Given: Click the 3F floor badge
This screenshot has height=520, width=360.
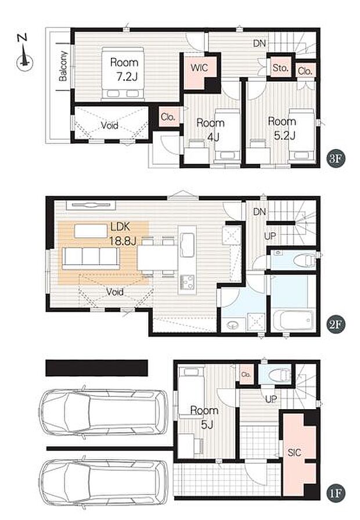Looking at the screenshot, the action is click(336, 158).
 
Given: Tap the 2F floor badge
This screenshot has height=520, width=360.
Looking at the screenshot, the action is click(336, 324).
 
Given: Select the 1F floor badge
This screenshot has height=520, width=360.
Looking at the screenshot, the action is click(336, 493).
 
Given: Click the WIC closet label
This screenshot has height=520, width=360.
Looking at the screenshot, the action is click(199, 67).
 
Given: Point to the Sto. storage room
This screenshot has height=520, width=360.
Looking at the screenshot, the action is click(280, 68).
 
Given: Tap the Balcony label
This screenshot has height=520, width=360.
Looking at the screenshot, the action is click(63, 66).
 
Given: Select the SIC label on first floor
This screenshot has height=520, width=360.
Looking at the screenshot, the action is click(294, 452).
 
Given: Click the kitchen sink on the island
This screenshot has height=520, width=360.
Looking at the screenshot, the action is click(188, 245).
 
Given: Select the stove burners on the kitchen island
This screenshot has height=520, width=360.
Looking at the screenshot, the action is click(187, 282).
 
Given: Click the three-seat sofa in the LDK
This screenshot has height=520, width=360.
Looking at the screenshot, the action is click(91, 258).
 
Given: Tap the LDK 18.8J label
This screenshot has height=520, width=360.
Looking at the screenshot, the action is click(123, 234).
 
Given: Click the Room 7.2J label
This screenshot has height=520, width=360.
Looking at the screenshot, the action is click(124, 69).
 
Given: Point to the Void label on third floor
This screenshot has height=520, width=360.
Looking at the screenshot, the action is click(110, 125).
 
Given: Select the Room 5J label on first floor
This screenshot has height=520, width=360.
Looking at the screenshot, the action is click(204, 417).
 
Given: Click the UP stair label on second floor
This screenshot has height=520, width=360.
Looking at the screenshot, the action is click(270, 236).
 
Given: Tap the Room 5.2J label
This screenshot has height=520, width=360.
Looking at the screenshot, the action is click(282, 128).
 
